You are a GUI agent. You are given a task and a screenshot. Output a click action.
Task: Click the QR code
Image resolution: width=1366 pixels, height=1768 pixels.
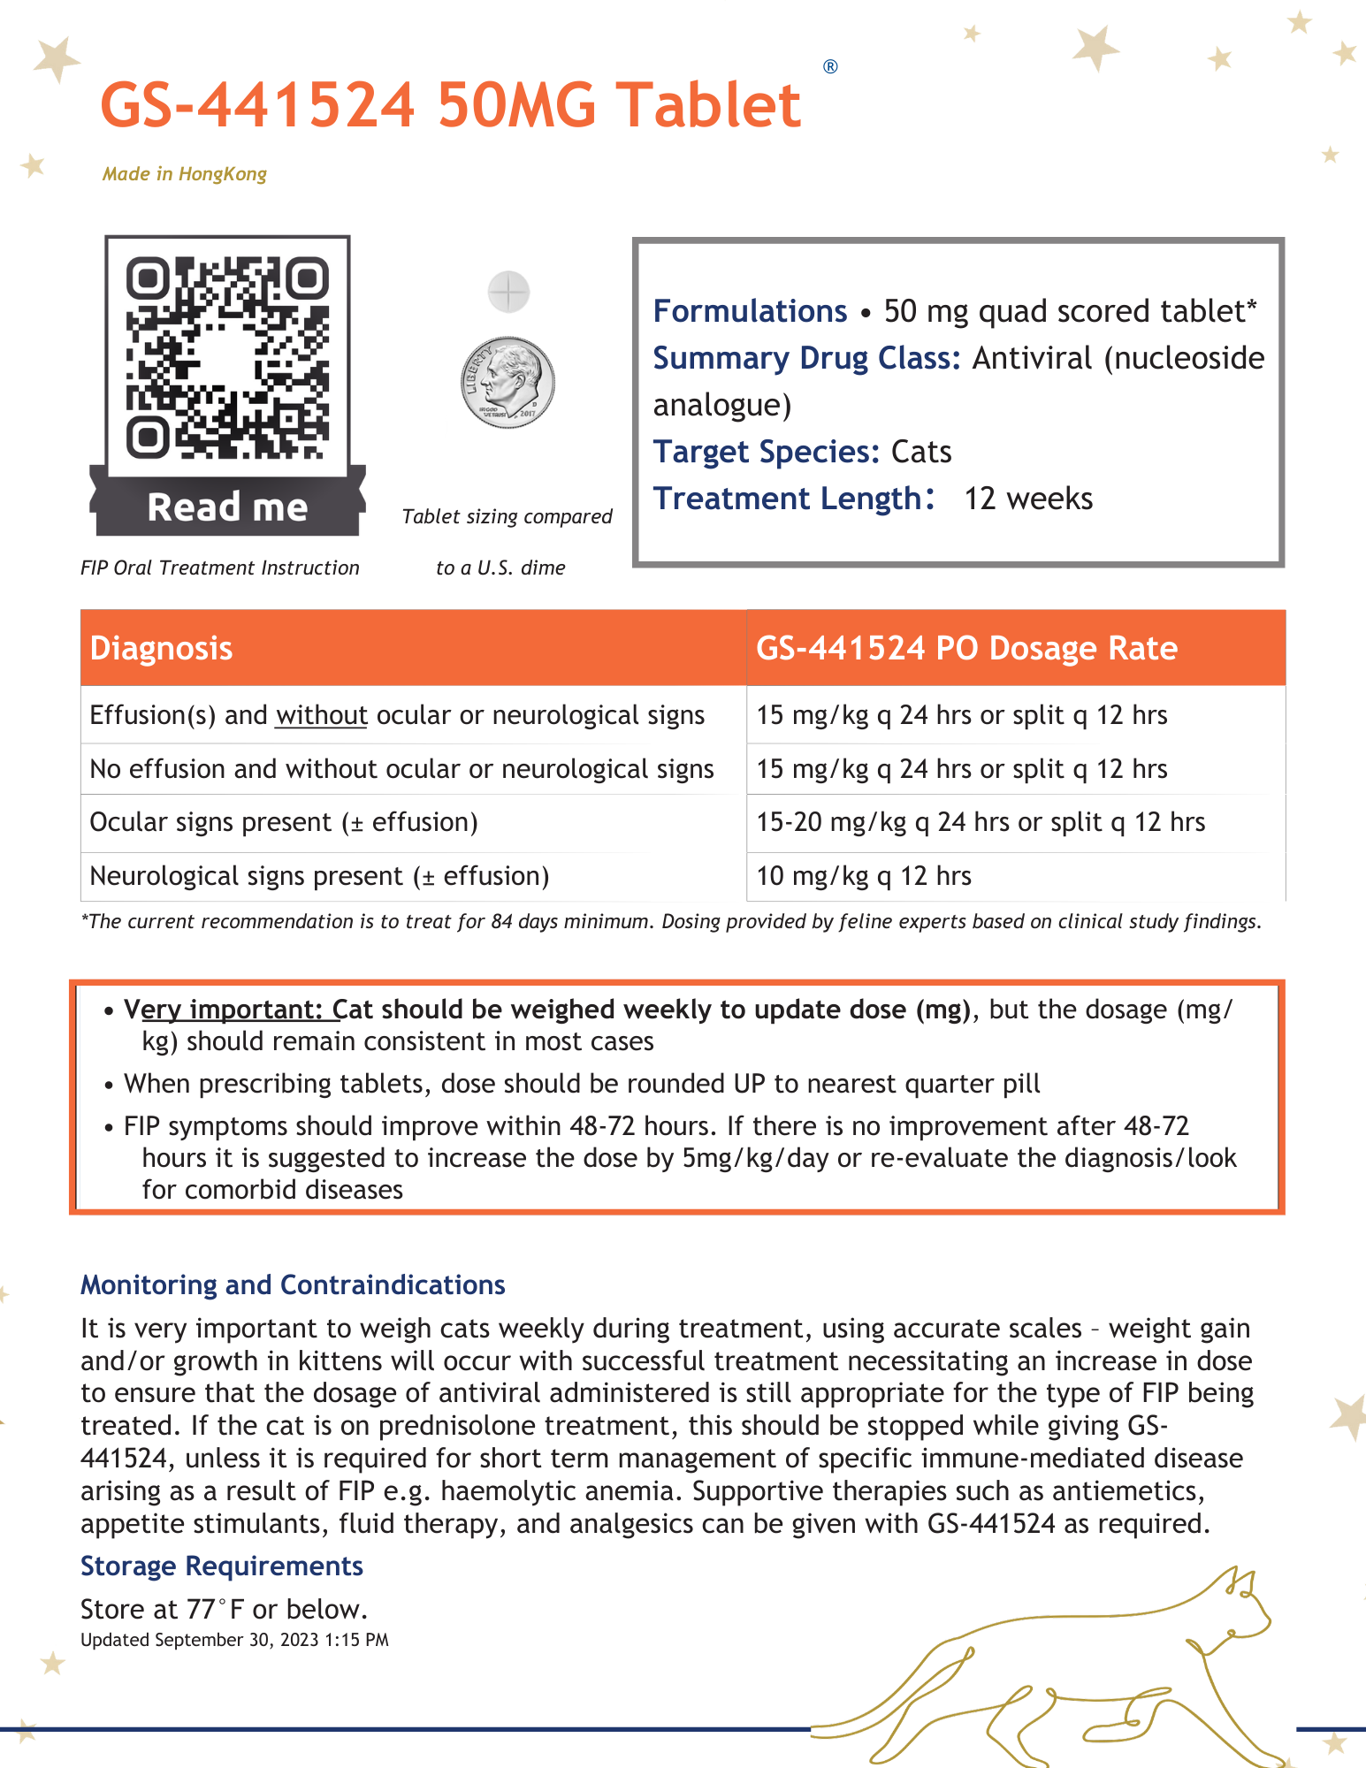click(x=227, y=357)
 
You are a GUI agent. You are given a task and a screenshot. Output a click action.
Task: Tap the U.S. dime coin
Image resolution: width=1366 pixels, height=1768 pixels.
click(x=507, y=383)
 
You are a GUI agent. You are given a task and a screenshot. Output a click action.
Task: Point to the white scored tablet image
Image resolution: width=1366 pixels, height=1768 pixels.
click(x=508, y=292)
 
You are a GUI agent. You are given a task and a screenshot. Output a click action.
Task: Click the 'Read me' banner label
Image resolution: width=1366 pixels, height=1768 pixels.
click(x=227, y=508)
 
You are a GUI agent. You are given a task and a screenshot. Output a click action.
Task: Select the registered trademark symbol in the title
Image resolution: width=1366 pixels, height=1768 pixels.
click(x=830, y=67)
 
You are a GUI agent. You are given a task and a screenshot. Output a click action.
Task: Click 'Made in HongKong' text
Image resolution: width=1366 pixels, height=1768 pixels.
click(x=184, y=174)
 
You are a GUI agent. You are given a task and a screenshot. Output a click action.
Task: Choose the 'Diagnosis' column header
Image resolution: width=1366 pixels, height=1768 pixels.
click(x=161, y=649)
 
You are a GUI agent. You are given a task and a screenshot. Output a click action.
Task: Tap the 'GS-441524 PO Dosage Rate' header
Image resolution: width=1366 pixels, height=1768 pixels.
click(x=966, y=649)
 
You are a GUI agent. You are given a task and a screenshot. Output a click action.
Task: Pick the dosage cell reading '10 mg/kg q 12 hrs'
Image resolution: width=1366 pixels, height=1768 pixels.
click(x=864, y=876)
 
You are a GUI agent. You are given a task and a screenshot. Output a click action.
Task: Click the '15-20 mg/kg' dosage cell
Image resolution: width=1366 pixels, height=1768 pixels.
click(x=980, y=822)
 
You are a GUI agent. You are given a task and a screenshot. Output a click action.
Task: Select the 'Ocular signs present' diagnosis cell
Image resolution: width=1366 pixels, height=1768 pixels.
click(x=283, y=822)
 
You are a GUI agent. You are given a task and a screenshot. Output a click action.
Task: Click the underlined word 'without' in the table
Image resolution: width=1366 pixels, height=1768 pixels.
click(x=321, y=715)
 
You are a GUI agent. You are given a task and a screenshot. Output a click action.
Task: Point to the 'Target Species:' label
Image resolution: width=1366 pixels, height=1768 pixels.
click(x=766, y=452)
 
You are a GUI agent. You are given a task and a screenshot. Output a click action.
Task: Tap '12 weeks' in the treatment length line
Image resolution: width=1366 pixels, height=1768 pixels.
click(x=1028, y=499)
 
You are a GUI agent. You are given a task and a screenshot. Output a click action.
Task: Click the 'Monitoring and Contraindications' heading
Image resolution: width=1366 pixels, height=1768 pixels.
click(x=293, y=1284)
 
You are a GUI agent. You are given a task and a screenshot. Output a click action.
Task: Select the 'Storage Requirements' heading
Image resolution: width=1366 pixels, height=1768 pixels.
click(x=222, y=1566)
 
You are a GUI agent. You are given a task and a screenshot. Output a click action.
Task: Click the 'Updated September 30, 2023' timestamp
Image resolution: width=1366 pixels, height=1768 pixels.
click(x=234, y=1640)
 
